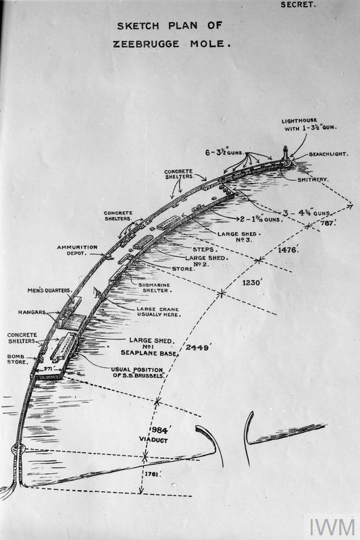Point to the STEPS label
click(196, 250)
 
